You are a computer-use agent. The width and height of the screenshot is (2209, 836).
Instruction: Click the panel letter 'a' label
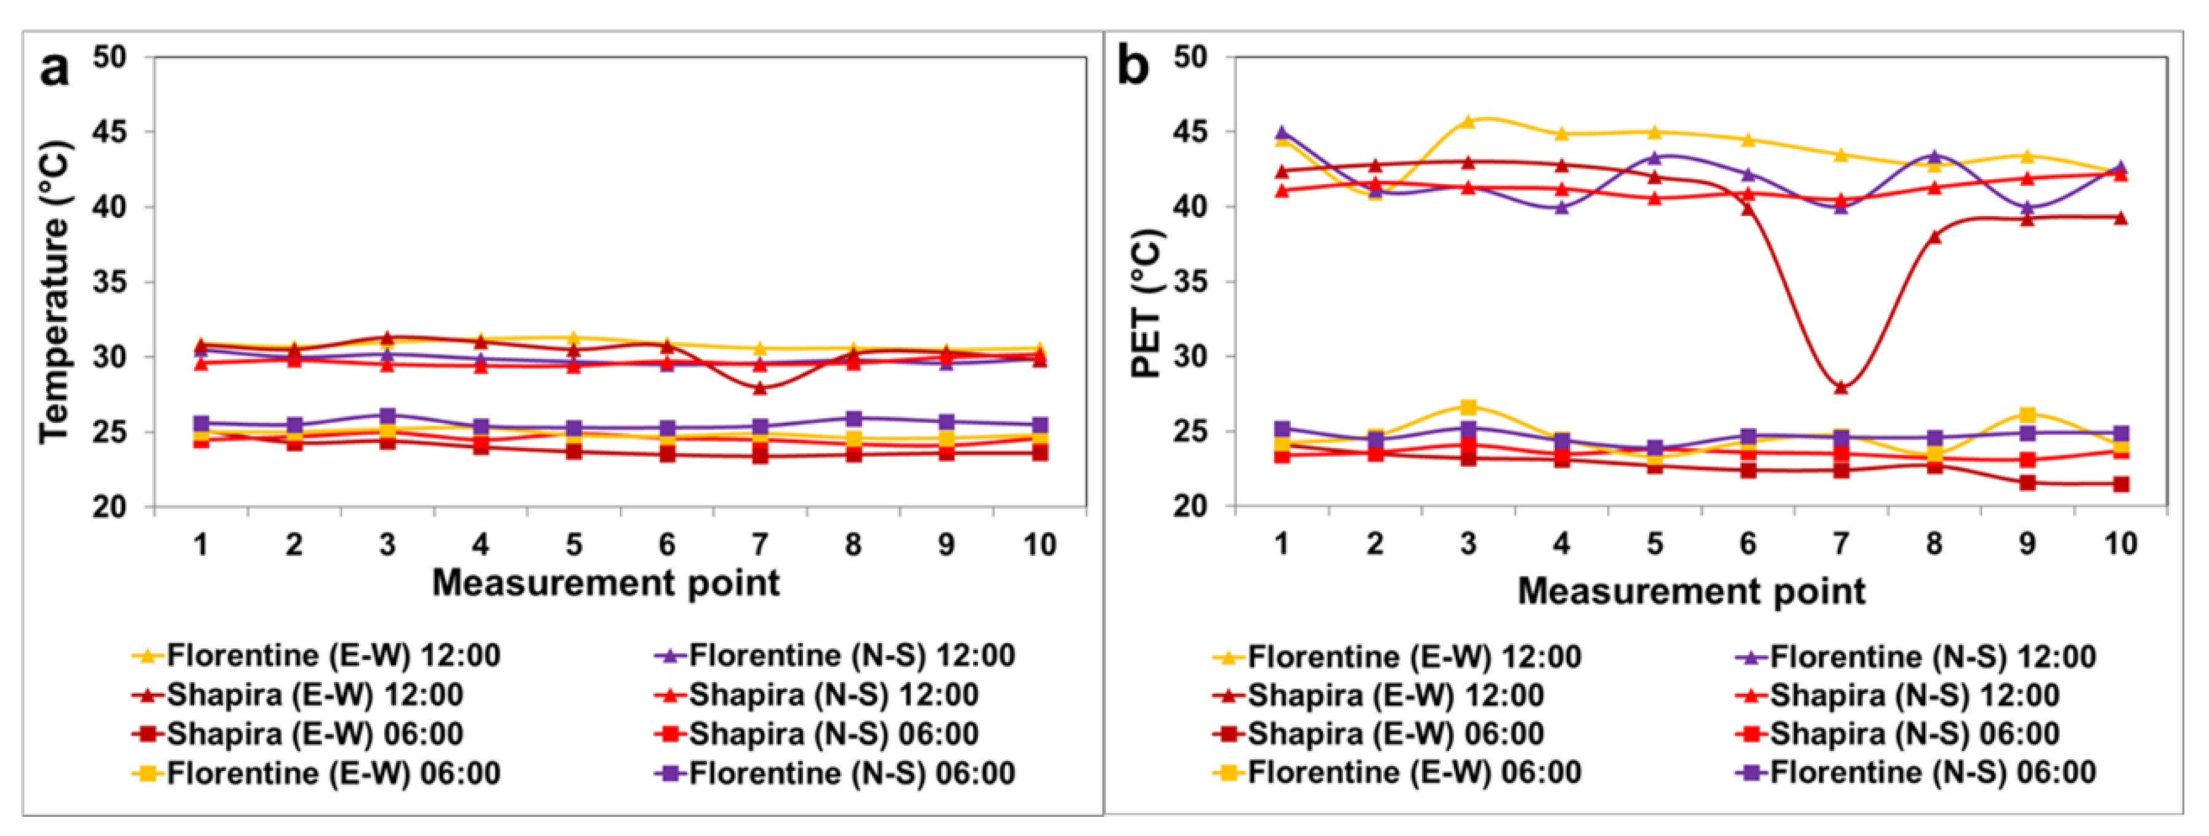tap(55, 68)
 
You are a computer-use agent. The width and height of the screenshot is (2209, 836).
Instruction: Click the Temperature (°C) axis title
tap(54, 292)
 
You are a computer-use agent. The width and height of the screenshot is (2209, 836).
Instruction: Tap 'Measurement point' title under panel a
tap(605, 583)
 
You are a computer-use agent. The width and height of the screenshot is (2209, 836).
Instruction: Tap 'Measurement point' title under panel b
tap(1691, 592)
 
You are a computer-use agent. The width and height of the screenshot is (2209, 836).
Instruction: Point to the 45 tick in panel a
tap(109, 132)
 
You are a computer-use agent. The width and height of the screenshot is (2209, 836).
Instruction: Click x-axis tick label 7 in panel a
tap(760, 544)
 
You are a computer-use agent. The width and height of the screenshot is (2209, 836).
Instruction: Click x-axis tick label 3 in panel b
tap(1468, 544)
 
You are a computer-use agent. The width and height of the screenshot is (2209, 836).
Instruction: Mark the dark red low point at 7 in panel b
tap(1841, 387)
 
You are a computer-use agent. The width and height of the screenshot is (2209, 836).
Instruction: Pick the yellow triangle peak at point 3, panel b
tap(1468, 121)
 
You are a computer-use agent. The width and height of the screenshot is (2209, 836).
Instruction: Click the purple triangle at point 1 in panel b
tap(1282, 133)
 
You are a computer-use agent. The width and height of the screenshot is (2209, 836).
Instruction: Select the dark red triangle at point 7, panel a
tap(760, 388)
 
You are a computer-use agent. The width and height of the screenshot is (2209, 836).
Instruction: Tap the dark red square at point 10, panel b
tap(2121, 484)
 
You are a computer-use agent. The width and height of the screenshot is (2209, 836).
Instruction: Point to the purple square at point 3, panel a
tap(387, 417)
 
